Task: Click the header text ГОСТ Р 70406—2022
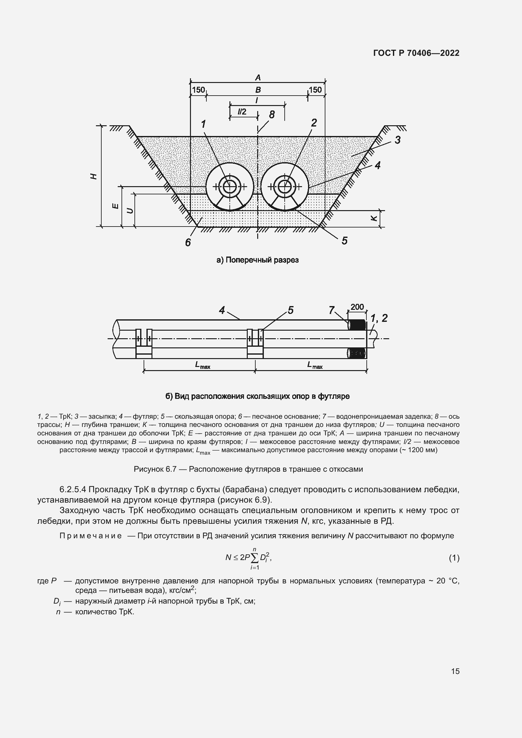click(416, 53)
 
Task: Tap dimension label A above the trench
click(258, 78)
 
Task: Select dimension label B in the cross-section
click(258, 90)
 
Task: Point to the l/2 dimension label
click(242, 111)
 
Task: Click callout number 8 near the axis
click(272, 115)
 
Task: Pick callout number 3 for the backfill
click(398, 140)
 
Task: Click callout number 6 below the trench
click(188, 242)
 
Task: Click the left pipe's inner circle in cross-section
click(229, 186)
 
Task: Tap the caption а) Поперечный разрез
click(258, 260)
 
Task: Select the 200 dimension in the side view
click(357, 307)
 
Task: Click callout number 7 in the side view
click(332, 310)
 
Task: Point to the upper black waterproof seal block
click(358, 325)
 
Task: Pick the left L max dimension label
click(202, 365)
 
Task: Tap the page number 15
click(455, 671)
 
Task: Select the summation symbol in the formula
click(254, 558)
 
